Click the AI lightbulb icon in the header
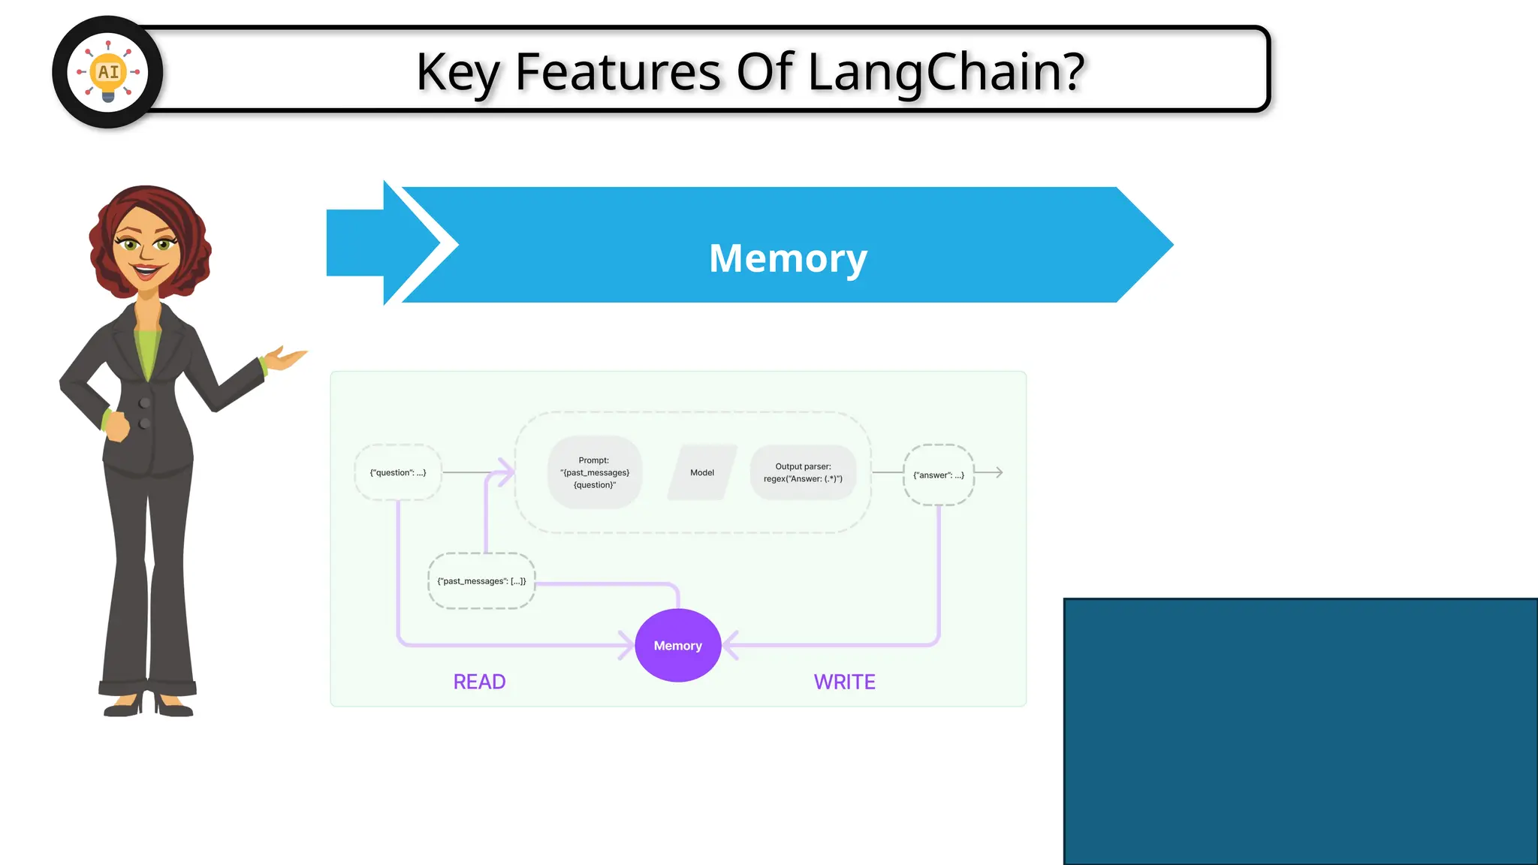[x=108, y=72]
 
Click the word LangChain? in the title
[x=946, y=72]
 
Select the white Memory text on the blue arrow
[x=788, y=258]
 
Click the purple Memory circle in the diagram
[x=677, y=646]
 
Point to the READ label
[x=479, y=682]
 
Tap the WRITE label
[x=844, y=682]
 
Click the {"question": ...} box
[x=397, y=472]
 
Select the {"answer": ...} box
[x=938, y=475]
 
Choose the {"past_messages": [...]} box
[x=481, y=581]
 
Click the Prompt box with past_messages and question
[x=594, y=472]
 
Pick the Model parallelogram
[x=702, y=472]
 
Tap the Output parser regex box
[x=803, y=472]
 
